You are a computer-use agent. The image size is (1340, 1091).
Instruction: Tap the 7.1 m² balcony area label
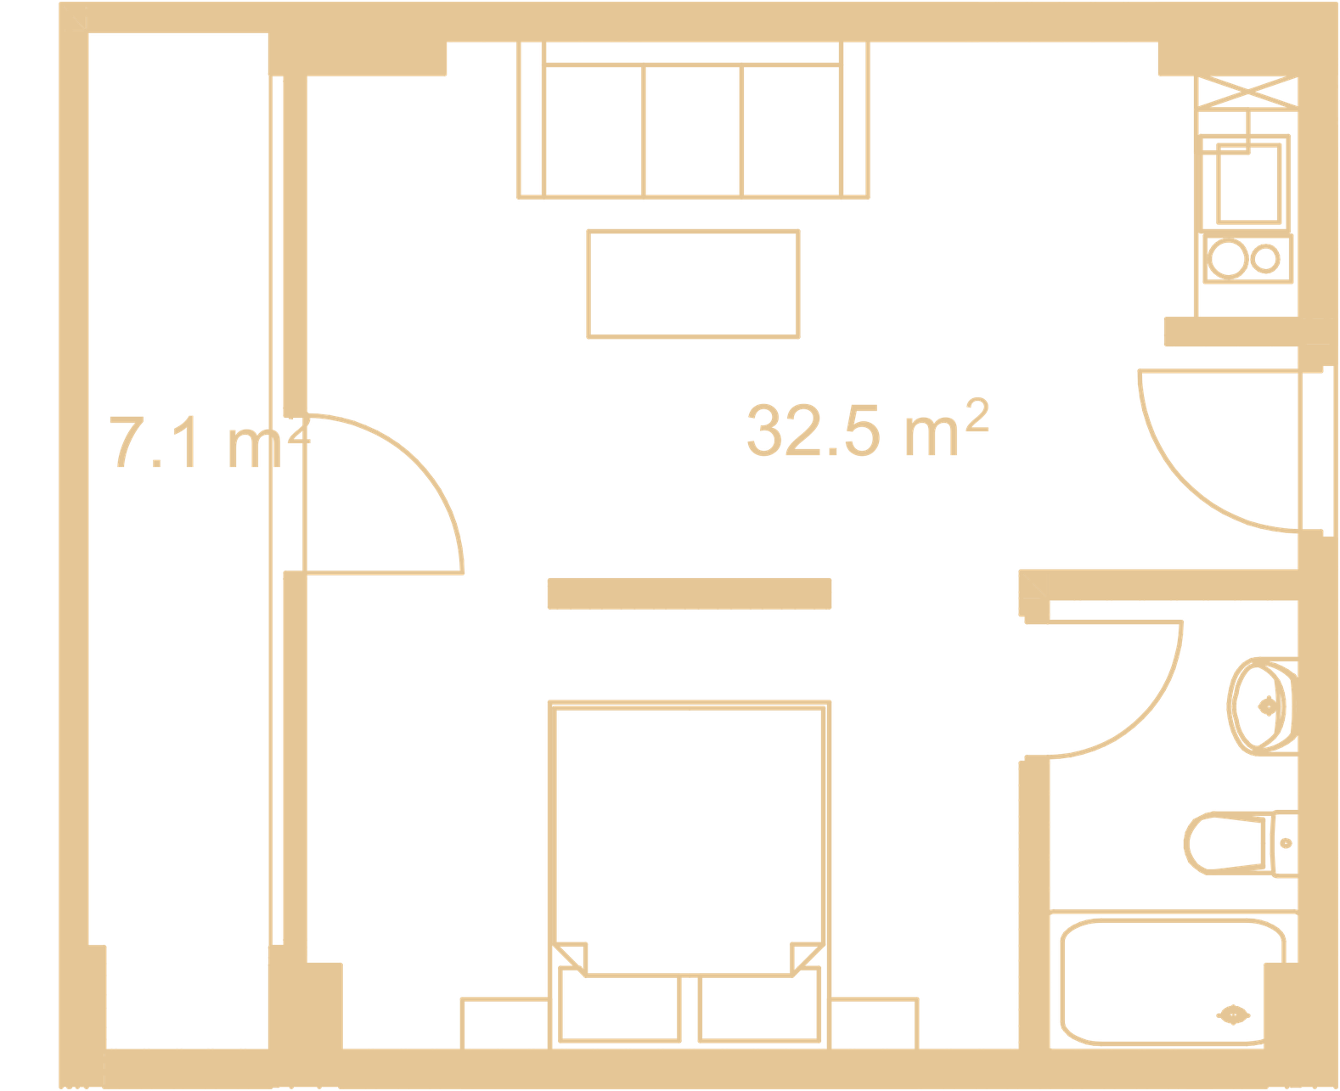(210, 441)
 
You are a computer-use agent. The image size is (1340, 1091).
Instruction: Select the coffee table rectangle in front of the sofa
(693, 284)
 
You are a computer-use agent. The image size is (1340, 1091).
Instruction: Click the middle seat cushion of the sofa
(692, 131)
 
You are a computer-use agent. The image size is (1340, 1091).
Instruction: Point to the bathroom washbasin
(1262, 706)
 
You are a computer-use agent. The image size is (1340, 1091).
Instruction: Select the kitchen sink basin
(1248, 183)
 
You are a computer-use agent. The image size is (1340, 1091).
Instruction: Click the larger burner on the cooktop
(1227, 258)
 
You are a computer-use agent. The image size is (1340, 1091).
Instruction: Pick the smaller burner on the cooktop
(1265, 258)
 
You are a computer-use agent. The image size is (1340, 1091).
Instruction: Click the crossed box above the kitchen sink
(1247, 93)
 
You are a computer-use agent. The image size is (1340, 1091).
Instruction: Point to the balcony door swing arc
(415, 462)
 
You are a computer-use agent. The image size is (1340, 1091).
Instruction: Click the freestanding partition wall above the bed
(690, 593)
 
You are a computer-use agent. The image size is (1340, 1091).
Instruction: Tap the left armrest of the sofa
(531, 120)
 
